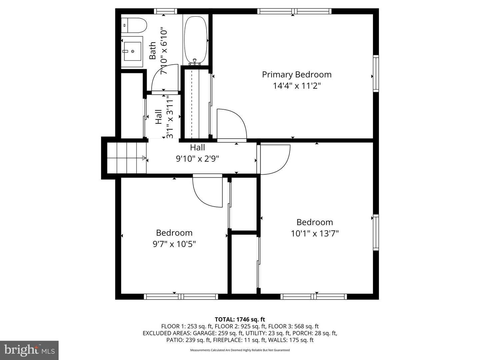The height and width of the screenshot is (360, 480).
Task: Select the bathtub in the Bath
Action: [195, 41]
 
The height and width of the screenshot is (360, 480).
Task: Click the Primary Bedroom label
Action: [297, 75]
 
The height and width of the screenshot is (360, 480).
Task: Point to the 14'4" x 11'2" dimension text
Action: [297, 86]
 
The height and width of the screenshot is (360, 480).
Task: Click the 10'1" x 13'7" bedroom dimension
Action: [315, 234]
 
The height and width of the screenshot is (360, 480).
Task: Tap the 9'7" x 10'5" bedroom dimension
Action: [174, 244]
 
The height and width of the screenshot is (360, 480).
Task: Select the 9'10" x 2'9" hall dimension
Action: [197, 159]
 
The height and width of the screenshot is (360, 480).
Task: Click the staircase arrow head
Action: [144, 158]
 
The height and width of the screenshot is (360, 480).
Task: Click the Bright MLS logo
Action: [29, 350]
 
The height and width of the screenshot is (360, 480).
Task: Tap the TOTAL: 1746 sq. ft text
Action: [240, 319]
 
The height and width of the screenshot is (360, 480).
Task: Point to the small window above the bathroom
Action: [165, 11]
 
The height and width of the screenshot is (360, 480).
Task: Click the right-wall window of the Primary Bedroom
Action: [376, 73]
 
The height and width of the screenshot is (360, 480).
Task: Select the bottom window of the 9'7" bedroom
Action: [181, 296]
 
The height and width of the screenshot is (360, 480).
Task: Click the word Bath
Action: [153, 50]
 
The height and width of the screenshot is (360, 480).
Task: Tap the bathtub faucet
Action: [195, 62]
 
